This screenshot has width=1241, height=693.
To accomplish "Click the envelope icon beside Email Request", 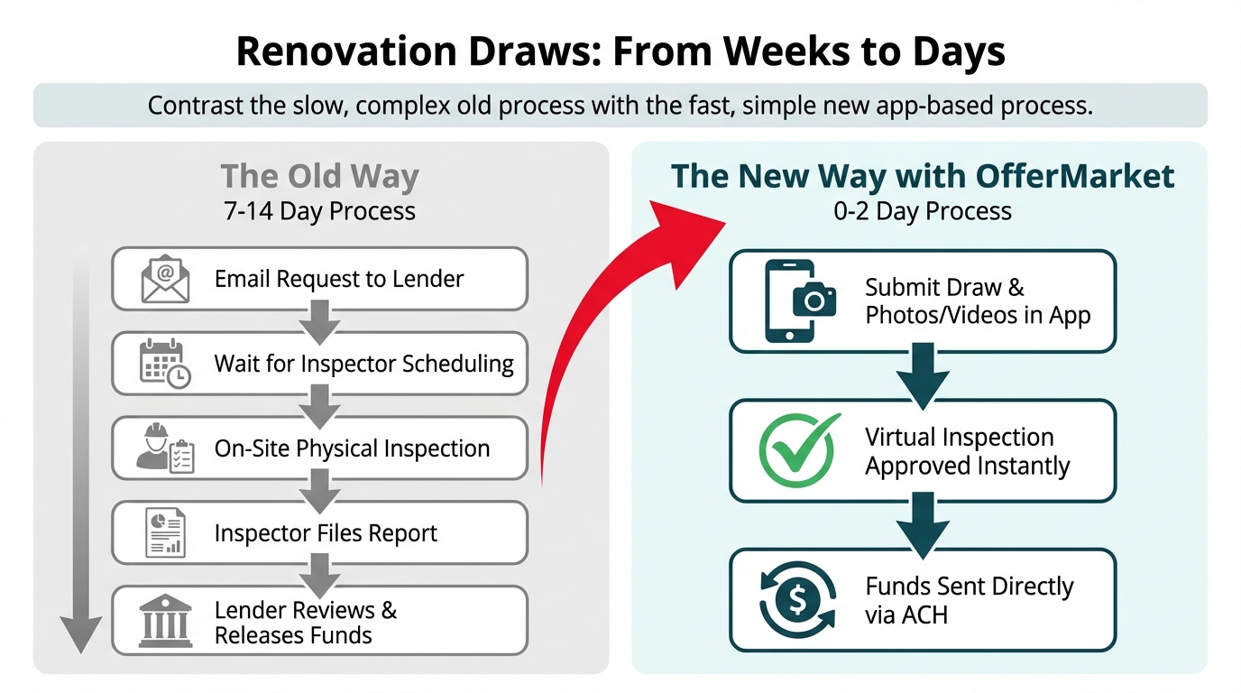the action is [x=165, y=278].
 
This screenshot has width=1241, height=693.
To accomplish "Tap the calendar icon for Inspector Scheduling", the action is [x=165, y=363].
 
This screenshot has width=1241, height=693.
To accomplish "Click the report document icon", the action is [x=165, y=532].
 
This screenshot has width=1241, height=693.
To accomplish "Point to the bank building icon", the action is [x=165, y=621].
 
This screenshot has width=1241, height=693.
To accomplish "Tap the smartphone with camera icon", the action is [x=800, y=301].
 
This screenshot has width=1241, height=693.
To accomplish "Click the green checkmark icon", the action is [x=798, y=450].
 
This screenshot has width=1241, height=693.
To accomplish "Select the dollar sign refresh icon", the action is [x=798, y=600].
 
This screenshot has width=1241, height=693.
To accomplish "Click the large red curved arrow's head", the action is [x=685, y=239].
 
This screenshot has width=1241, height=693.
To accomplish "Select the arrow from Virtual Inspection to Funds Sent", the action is [x=923, y=525].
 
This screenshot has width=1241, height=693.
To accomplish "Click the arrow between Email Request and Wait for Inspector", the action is [x=319, y=322].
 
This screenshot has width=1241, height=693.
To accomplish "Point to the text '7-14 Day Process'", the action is [x=319, y=211].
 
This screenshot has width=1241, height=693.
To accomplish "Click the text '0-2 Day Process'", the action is [x=923, y=211].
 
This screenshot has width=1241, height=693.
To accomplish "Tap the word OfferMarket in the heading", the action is [x=1075, y=176].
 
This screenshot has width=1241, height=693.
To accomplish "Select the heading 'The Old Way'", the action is [x=319, y=176].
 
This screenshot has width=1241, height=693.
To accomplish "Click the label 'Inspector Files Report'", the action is [x=326, y=532].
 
